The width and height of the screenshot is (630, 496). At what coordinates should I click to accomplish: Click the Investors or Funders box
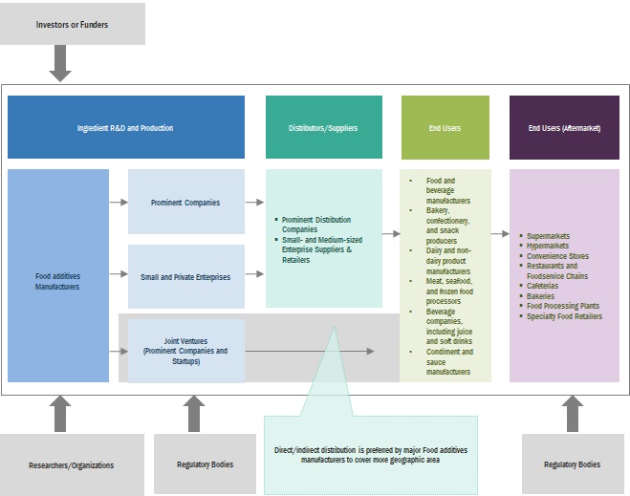tap(73, 24)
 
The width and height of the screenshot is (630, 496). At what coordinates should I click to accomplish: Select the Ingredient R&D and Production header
tap(125, 127)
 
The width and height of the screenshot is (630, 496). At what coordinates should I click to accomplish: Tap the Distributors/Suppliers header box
tap(323, 127)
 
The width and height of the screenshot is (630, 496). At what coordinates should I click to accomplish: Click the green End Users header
tap(445, 127)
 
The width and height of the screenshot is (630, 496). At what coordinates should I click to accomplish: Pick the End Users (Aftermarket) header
tap(564, 127)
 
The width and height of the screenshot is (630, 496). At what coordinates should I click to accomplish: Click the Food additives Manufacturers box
tap(58, 280)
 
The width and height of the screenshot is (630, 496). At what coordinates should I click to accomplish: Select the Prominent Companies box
tap(185, 203)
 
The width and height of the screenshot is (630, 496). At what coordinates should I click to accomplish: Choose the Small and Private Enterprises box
tap(185, 277)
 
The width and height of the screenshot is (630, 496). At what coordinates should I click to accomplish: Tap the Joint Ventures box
tap(185, 351)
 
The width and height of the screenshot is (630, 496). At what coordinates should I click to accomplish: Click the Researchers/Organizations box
tap(72, 465)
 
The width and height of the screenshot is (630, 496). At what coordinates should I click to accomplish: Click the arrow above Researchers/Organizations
tap(60, 412)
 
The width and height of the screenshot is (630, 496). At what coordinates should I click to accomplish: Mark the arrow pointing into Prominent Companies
tap(119, 203)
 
